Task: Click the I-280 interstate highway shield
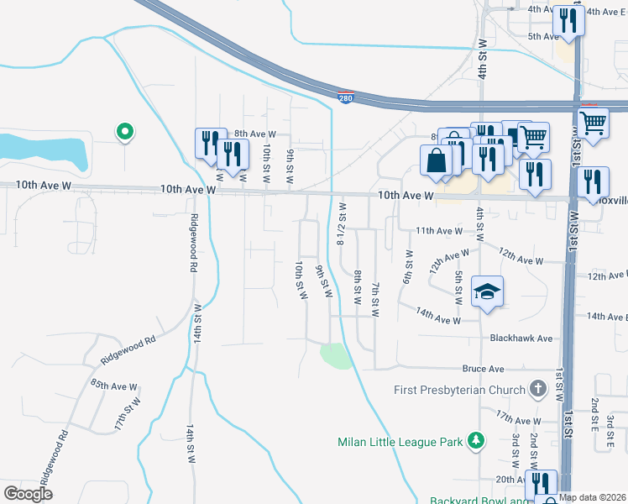(346, 98)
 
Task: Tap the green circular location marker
(124, 131)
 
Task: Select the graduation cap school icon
(487, 291)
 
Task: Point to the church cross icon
(538, 389)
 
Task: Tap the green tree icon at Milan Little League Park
(476, 440)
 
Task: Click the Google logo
(28, 493)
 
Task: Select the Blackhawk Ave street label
(521, 338)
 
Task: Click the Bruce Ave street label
(483, 369)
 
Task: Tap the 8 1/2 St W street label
(342, 223)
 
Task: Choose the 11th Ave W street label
(439, 230)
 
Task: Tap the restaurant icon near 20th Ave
(539, 485)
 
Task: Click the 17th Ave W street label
(518, 420)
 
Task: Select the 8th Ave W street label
(254, 134)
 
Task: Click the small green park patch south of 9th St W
(335, 356)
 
